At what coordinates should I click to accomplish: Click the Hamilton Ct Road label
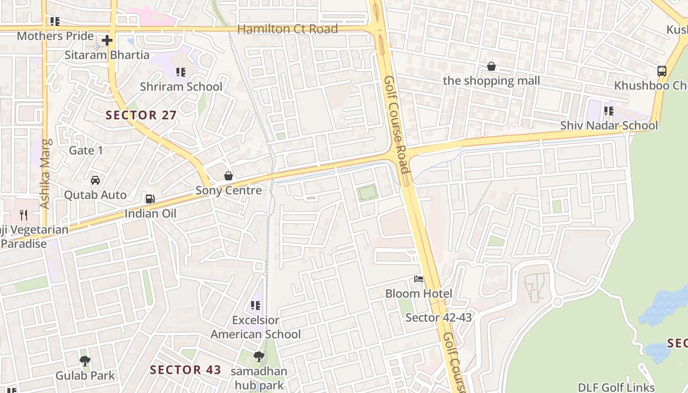[x=287, y=29]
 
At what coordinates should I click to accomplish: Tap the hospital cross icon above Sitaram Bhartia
[x=107, y=40]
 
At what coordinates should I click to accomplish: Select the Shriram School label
[x=181, y=86]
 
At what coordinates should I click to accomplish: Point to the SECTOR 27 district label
[x=141, y=115]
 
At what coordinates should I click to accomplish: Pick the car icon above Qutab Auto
[x=95, y=180]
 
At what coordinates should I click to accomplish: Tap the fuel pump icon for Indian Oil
[x=150, y=199]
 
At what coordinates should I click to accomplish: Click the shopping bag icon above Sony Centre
[x=229, y=176]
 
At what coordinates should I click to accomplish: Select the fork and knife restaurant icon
[x=23, y=215]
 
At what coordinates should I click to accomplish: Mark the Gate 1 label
[x=86, y=150]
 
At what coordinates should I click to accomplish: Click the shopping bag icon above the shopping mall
[x=491, y=66]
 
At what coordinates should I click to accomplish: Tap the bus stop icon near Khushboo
[x=662, y=71]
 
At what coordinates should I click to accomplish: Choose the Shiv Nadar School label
[x=609, y=125]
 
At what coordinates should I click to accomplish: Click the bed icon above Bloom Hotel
[x=419, y=279]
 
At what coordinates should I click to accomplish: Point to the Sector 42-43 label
[x=438, y=318]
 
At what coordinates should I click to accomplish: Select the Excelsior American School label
[x=256, y=327]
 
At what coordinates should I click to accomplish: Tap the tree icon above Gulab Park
[x=85, y=361]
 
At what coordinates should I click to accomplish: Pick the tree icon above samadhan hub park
[x=259, y=357]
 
